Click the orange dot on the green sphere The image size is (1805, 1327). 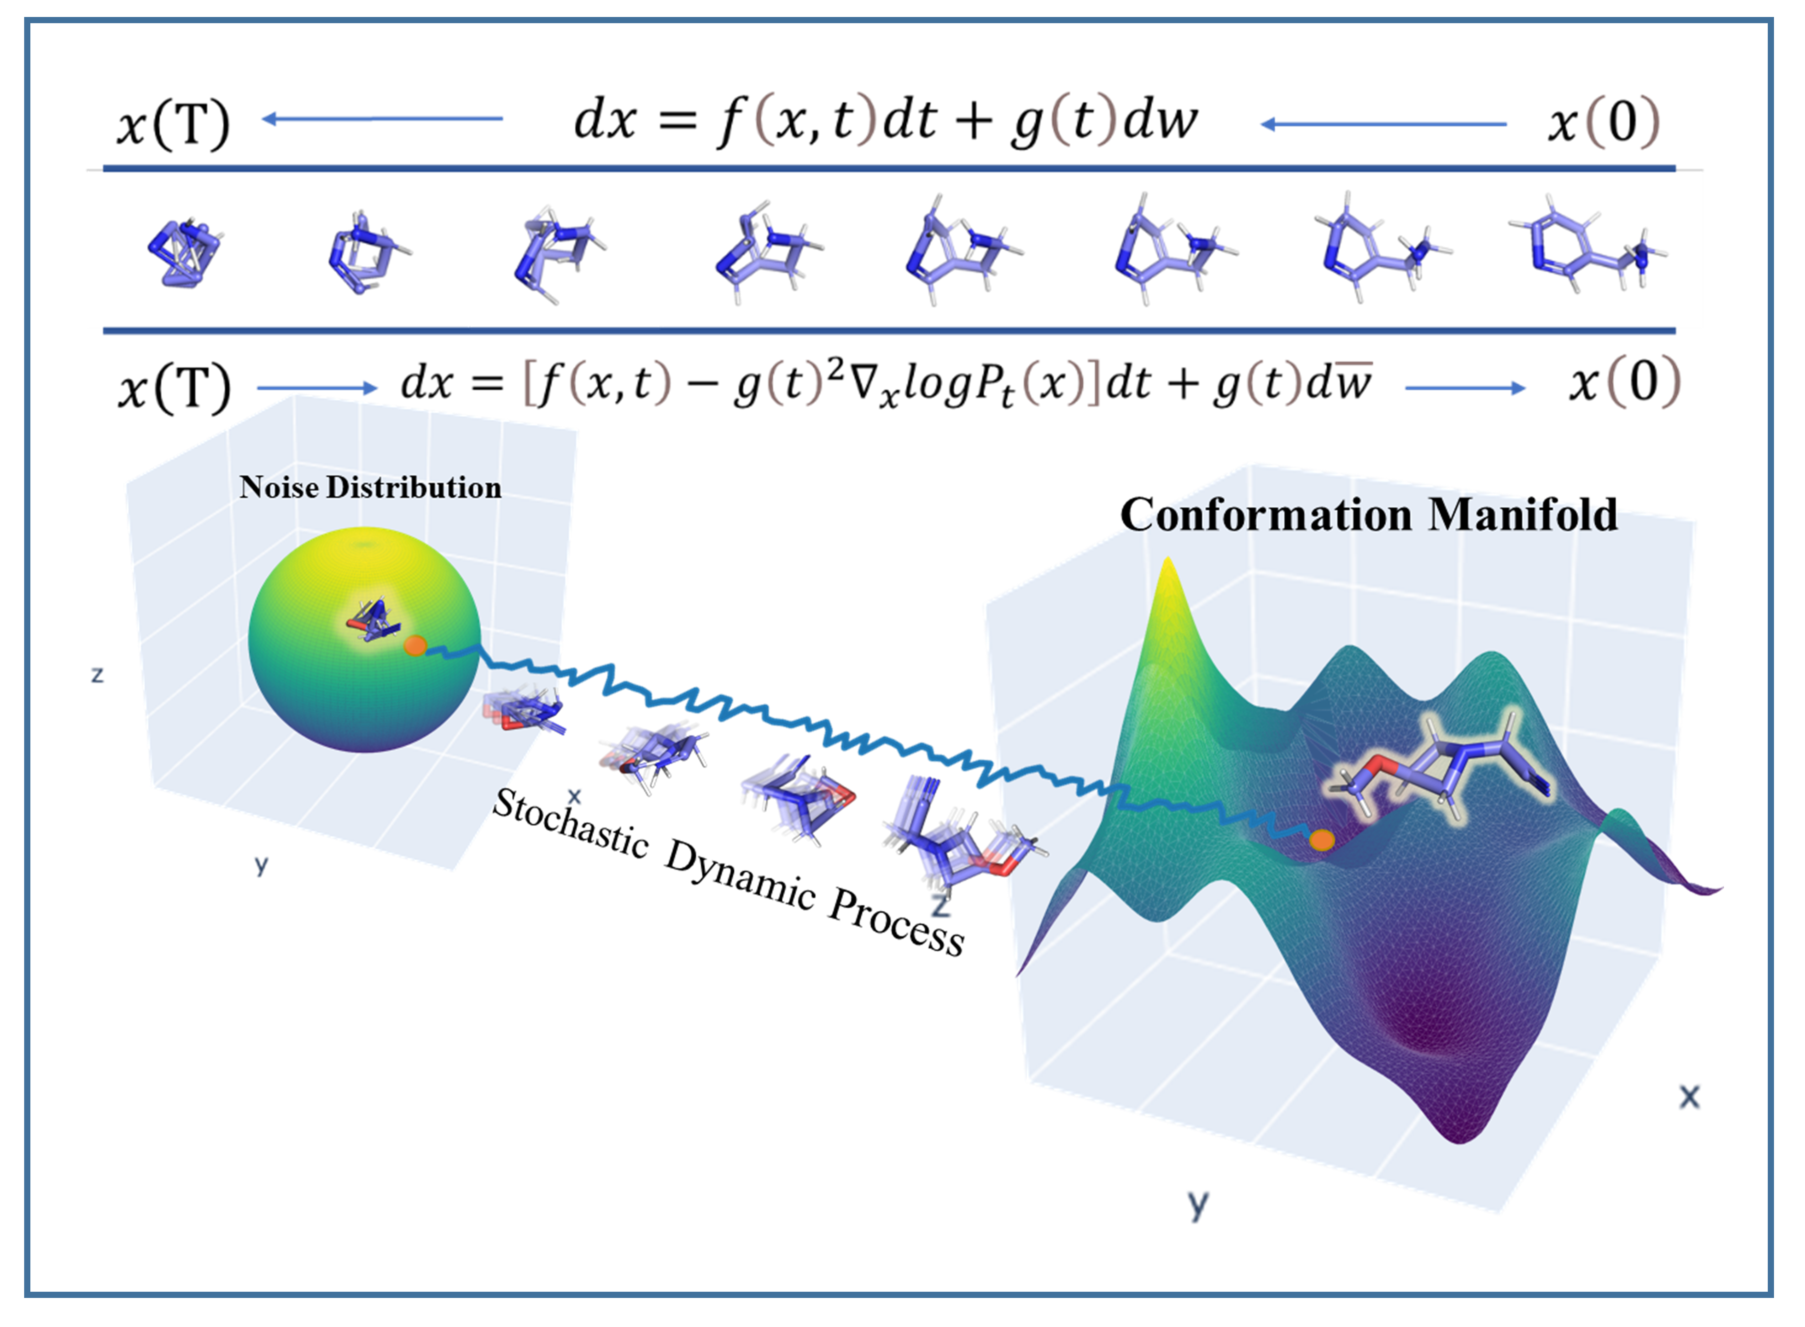pyautogui.click(x=414, y=645)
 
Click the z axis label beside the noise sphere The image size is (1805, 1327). pyautogui.click(x=97, y=675)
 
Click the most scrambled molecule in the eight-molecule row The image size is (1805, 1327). pyautogui.click(x=185, y=253)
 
